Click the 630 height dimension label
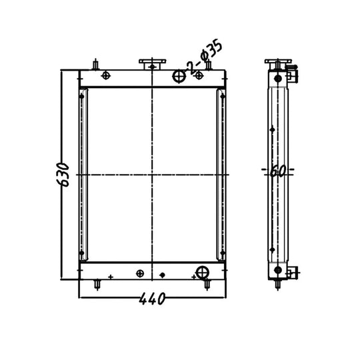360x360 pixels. coord(63,175)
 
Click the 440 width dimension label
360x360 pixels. coord(152,299)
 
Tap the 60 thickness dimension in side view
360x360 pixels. coord(278,171)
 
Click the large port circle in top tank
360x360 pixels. coord(179,76)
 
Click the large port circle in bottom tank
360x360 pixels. coord(202,273)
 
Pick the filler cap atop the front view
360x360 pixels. coord(152,64)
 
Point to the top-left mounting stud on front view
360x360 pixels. coord(95,64)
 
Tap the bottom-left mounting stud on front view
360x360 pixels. coord(97,285)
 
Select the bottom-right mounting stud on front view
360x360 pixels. coord(207,285)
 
